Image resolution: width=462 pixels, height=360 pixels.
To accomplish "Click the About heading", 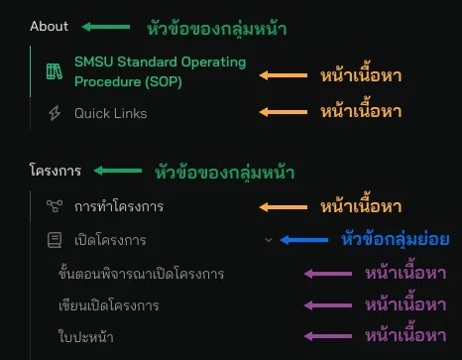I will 49,27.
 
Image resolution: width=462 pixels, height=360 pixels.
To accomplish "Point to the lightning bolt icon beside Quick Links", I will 54,114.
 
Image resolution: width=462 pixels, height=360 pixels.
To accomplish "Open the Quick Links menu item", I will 110,114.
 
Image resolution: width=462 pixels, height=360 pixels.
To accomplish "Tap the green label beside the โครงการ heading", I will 225,172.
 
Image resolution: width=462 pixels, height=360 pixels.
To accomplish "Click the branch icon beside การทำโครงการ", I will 54,206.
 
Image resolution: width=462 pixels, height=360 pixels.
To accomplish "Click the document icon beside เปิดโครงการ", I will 54,240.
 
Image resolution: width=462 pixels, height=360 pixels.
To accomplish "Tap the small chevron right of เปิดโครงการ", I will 268,239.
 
